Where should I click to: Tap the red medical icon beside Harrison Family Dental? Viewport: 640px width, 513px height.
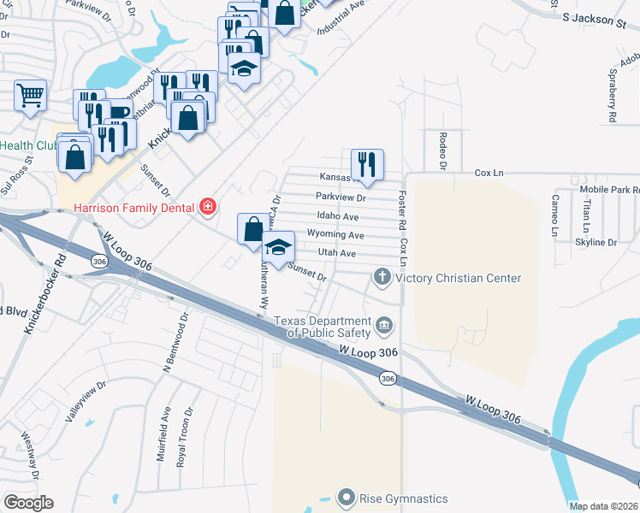[x=207, y=207]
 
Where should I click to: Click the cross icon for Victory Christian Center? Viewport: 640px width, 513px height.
[x=382, y=277]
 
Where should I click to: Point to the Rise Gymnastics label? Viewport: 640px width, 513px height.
[x=402, y=498]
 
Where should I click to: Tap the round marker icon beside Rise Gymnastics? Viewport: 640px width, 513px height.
[x=346, y=497]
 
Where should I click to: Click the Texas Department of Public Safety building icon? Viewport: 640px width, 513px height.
[x=384, y=326]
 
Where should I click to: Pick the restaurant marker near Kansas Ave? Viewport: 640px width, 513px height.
[x=367, y=163]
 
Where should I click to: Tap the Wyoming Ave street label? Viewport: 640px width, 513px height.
[x=341, y=235]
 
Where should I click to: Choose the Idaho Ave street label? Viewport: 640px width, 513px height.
[x=337, y=217]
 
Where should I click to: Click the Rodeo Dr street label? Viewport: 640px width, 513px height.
[x=443, y=149]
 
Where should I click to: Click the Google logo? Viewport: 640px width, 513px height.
[x=28, y=503]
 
